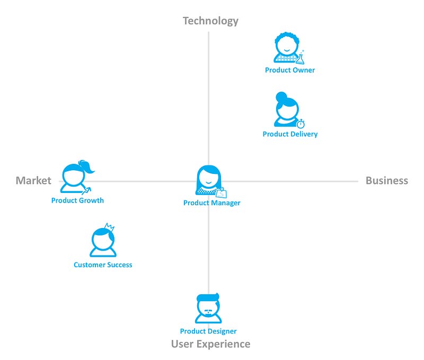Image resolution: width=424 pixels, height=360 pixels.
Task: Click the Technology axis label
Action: pos(210,21)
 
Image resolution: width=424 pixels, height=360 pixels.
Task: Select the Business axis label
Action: pos(386,180)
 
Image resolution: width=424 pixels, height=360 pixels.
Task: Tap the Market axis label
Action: pos(33,180)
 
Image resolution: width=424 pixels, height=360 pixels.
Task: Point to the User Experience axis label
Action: pos(210,344)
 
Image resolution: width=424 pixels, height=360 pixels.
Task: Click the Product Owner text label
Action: pos(290,70)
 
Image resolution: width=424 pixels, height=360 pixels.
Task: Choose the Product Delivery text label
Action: pos(290,134)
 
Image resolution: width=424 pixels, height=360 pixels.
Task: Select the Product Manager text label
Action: pos(211,203)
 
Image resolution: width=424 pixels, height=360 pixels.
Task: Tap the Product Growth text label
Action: pos(77,200)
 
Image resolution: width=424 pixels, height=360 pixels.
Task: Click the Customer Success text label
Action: pos(103,265)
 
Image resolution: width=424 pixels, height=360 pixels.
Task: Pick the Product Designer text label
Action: pos(208,331)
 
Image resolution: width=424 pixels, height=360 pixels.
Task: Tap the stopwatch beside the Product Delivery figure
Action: pos(301,124)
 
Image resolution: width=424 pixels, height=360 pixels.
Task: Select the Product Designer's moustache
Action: pos(208,311)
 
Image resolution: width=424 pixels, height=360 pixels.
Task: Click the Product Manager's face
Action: pos(208,179)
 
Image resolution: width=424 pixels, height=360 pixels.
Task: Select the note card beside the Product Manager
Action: pos(221,192)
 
